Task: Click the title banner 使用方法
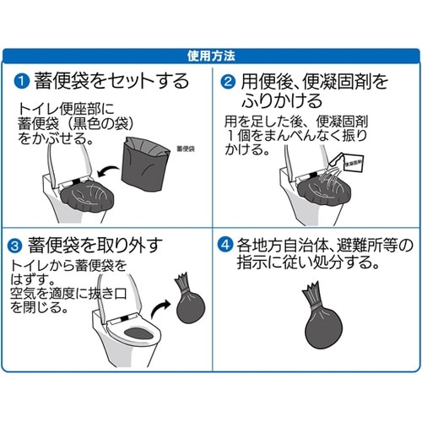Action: point(210,57)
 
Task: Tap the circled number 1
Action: point(21,81)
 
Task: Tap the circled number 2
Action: point(227,81)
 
